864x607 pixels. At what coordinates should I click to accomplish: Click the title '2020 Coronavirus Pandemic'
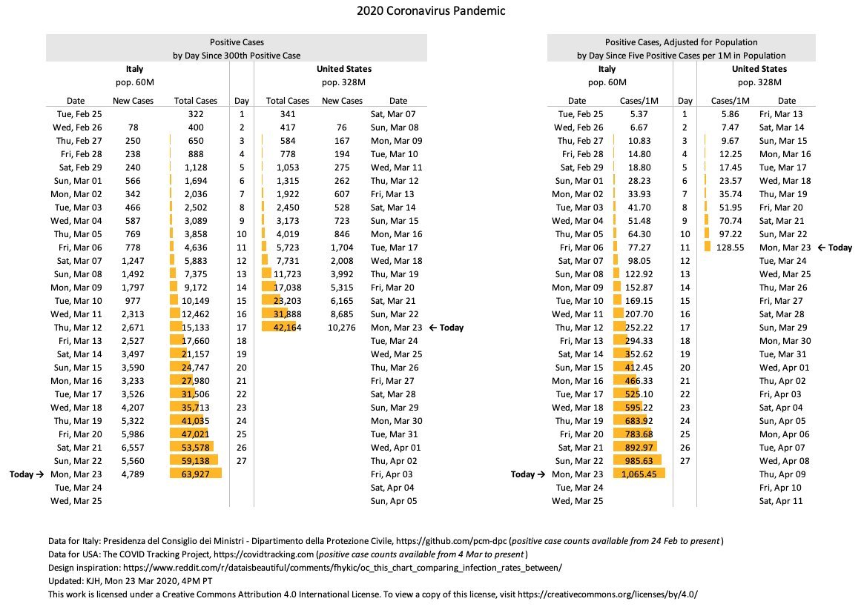(x=431, y=10)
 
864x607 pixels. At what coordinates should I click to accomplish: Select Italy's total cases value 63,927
(x=196, y=474)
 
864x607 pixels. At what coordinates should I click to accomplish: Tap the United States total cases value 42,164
(x=288, y=327)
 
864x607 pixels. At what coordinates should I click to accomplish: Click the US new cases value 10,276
(x=342, y=327)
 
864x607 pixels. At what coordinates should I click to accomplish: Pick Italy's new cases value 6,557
(x=133, y=447)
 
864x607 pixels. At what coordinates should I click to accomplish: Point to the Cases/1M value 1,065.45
(x=639, y=474)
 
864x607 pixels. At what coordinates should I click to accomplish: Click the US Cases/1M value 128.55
(x=730, y=248)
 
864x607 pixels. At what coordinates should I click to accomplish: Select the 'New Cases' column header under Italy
(x=133, y=101)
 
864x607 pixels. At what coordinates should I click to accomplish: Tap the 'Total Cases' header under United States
(x=288, y=101)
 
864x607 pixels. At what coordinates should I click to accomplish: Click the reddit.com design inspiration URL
(x=343, y=567)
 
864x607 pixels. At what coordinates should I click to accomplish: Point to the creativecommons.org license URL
(x=608, y=594)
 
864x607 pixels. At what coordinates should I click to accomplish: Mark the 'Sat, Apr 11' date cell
(x=781, y=501)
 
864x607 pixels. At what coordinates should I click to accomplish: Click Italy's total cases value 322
(x=196, y=114)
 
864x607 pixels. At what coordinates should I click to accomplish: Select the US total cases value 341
(x=288, y=114)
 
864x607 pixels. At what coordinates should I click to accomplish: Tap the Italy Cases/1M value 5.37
(x=639, y=114)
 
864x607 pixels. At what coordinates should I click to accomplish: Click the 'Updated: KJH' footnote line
(x=130, y=580)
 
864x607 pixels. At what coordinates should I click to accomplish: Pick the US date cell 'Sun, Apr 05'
(x=394, y=501)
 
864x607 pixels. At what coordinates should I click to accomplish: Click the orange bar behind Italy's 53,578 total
(x=192, y=447)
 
